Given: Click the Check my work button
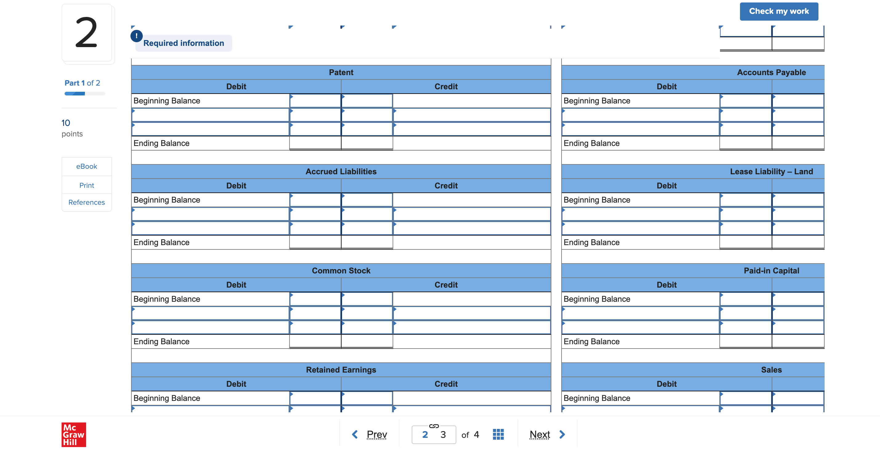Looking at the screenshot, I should click(x=778, y=11).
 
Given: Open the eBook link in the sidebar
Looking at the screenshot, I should click(x=86, y=167).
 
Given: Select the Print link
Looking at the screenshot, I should click(x=86, y=185).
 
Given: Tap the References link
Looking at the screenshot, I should click(x=86, y=202).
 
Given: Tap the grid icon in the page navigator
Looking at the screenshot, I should click(x=498, y=434).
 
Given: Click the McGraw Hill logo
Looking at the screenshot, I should click(x=74, y=434).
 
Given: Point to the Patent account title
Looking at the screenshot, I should click(x=341, y=72).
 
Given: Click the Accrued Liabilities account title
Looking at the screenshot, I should click(x=341, y=172).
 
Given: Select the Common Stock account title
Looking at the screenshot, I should click(x=341, y=271).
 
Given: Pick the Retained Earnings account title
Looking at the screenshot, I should click(x=341, y=370).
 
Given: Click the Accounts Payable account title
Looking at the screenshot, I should click(x=771, y=72).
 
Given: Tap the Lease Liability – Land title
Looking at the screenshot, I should click(x=771, y=172).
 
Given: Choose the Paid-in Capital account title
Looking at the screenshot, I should click(x=771, y=271).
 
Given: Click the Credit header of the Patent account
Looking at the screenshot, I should click(x=446, y=87).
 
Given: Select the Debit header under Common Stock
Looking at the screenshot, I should click(x=236, y=285).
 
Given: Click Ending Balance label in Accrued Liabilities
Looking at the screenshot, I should click(x=161, y=242).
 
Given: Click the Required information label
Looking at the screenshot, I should click(x=183, y=43).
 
